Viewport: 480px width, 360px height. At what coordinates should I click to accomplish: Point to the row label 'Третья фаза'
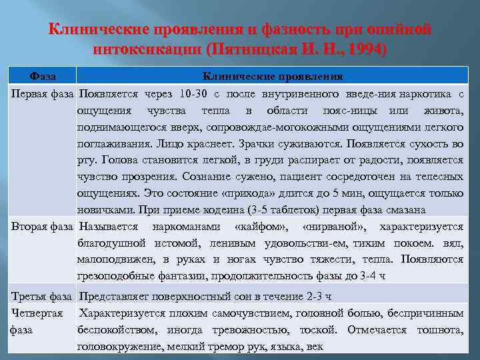pyautogui.click(x=41, y=295)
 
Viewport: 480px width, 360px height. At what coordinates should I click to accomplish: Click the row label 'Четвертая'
pyautogui.click(x=37, y=312)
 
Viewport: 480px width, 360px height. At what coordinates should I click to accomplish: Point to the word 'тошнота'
pyautogui.click(x=440, y=329)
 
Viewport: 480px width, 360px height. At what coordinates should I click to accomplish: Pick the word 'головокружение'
pyautogui.click(x=117, y=347)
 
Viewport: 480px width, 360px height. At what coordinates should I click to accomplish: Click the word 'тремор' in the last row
pyautogui.click(x=232, y=347)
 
